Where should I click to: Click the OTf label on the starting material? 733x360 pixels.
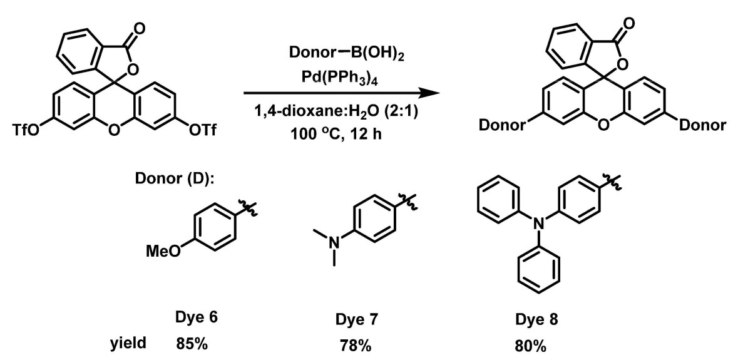click(203, 130)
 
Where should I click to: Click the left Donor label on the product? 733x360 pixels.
click(501, 125)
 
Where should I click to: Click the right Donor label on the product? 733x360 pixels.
click(702, 125)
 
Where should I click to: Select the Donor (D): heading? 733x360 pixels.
click(175, 179)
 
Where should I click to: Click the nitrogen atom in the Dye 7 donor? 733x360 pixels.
click(333, 242)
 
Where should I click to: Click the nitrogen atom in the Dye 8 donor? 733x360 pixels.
click(539, 224)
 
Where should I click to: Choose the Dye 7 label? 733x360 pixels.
click(357, 320)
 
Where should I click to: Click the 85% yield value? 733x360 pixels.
click(192, 344)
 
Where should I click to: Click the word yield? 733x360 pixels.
click(128, 344)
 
